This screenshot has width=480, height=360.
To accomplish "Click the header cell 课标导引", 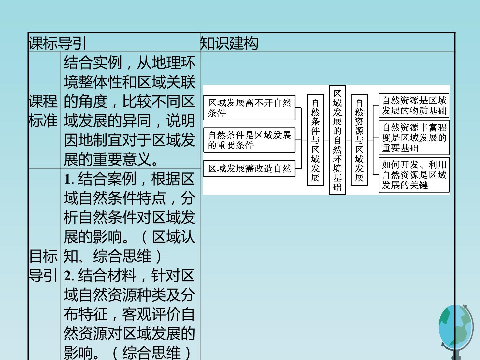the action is pyautogui.click(x=58, y=43).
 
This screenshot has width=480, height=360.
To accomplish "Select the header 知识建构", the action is pyautogui.click(x=229, y=43).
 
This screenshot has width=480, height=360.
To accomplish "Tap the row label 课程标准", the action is pyautogui.click(x=43, y=111).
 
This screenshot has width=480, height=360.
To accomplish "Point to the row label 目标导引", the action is pyautogui.click(x=43, y=265).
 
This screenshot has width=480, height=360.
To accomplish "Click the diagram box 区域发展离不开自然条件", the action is pyautogui.click(x=249, y=108).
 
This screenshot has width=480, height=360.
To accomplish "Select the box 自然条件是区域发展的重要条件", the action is pyautogui.click(x=249, y=140).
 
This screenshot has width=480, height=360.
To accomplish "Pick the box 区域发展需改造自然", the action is pyautogui.click(x=249, y=169).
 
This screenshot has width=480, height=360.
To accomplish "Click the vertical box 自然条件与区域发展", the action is pyautogui.click(x=315, y=140).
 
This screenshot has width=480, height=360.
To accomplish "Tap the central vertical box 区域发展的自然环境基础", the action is pyautogui.click(x=337, y=140).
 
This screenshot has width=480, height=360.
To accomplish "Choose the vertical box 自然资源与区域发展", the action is pyautogui.click(x=359, y=140).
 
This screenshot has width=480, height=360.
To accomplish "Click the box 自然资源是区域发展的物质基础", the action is pyautogui.click(x=414, y=105).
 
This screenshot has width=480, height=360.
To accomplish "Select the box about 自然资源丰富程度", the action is pyautogui.click(x=414, y=138).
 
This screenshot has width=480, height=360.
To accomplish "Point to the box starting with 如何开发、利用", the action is pyautogui.click(x=414, y=175).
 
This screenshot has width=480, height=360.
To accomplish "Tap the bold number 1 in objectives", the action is pyautogui.click(x=68, y=179).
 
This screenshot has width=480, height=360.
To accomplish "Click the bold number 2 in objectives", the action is pyautogui.click(x=68, y=276).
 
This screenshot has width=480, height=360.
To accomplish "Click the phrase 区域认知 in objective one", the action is pyautogui.click(x=173, y=237).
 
